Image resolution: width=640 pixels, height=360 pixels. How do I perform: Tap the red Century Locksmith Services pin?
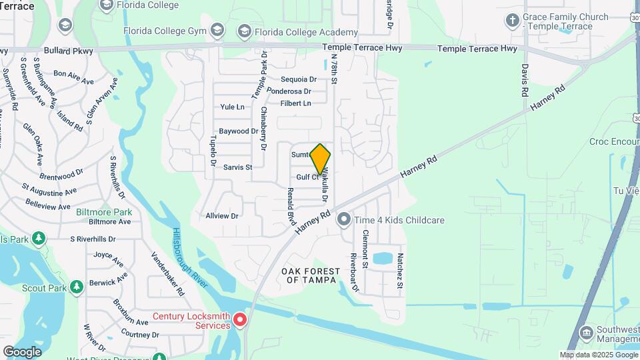pos(241,319)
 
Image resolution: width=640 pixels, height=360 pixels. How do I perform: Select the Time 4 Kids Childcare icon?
pos(344,219)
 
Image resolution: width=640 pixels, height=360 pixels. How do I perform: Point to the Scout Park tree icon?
pos(77,287)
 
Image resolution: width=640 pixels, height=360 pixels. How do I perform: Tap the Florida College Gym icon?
pos(217,30)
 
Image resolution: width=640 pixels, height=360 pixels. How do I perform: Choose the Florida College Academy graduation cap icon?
pos(244,32)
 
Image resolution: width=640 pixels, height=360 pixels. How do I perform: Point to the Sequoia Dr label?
pos(298,79)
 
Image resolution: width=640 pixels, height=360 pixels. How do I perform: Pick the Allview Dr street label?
pos(222,216)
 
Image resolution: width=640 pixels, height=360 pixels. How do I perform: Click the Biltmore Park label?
pos(104,212)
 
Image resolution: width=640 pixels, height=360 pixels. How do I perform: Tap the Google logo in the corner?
pos(22,351)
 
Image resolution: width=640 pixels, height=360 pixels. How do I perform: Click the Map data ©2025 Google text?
pos(598,355)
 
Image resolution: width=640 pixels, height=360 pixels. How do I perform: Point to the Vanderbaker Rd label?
pos(168,273)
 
